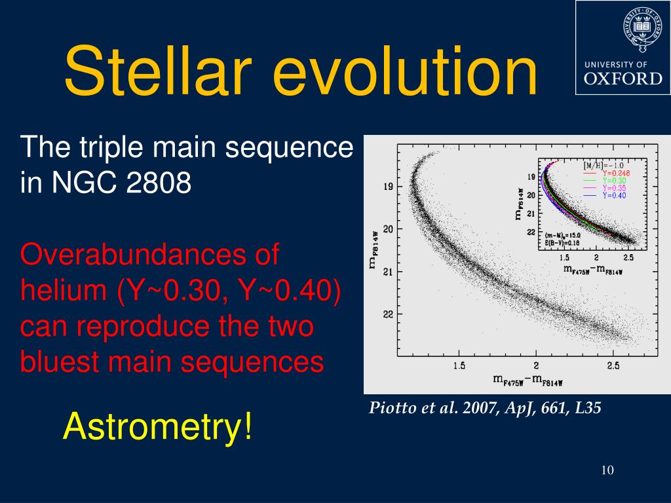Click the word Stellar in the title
click(157, 71)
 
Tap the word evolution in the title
click(404, 71)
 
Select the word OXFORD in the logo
click(623, 79)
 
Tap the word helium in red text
click(64, 290)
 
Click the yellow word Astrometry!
click(157, 426)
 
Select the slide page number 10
click(607, 470)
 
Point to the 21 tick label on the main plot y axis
click(388, 272)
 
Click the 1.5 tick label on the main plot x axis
click(459, 365)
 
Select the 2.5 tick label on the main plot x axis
click(613, 365)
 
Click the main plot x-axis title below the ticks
click(527, 379)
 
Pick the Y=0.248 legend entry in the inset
click(607, 173)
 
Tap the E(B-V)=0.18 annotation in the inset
click(562, 243)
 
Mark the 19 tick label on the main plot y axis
click(388, 187)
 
